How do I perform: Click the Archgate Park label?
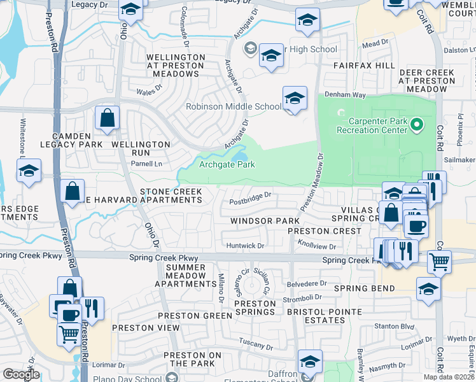pos(227,164)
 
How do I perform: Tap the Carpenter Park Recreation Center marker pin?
pos(417,124)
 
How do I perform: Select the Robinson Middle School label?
pos(233,106)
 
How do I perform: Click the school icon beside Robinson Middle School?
pos(294,99)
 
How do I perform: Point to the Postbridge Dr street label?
pos(251,204)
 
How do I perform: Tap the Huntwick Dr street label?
pos(244,245)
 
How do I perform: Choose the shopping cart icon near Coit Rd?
pos(438,260)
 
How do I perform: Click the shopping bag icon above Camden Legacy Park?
pos(107,118)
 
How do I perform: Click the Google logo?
pos(20,374)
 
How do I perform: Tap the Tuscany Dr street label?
pos(256,348)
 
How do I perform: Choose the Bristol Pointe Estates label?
pos(324,316)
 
